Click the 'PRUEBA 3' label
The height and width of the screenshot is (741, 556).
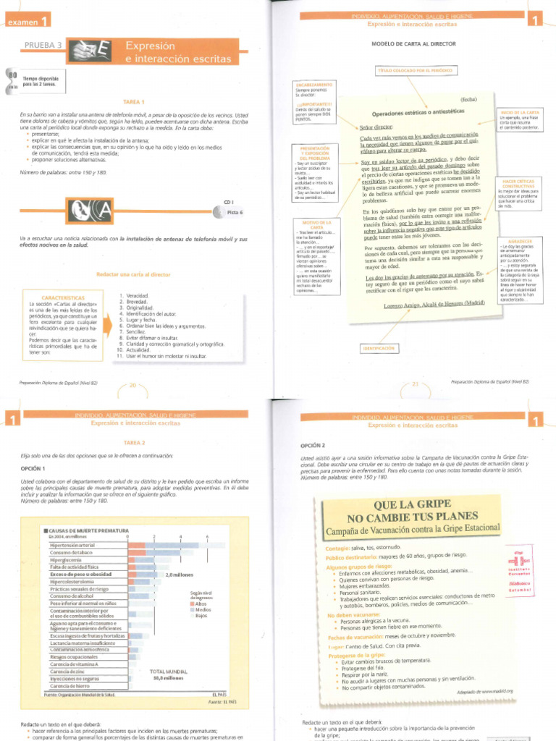44,49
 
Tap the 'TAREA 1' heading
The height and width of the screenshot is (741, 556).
134,102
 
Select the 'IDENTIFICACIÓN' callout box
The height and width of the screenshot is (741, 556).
381,349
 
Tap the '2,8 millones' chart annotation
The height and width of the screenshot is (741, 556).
178,575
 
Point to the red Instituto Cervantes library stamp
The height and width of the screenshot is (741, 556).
519,569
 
